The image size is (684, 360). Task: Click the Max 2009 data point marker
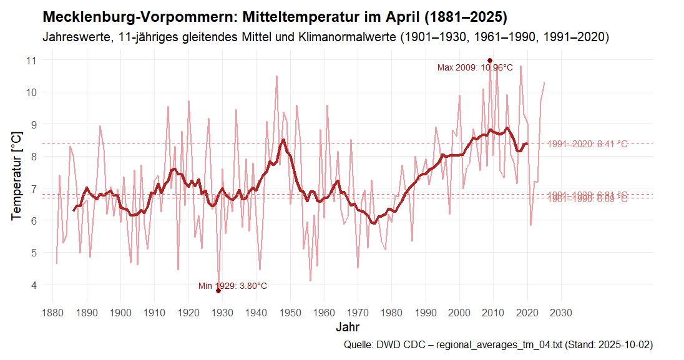[490, 61]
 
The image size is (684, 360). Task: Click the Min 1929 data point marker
[218, 291]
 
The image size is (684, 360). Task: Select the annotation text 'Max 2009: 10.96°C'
[475, 68]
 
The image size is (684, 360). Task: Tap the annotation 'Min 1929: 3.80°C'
[233, 286]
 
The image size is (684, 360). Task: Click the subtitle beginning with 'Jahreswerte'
[325, 37]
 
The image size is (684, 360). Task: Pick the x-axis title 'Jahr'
[347, 327]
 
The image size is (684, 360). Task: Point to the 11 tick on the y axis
[31, 60]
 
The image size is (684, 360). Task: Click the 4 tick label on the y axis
[33, 285]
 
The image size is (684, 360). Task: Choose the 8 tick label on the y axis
[33, 157]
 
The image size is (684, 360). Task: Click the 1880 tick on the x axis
[53, 312]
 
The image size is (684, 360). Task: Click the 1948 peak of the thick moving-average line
[283, 140]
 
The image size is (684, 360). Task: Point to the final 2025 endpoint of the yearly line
[545, 82]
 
